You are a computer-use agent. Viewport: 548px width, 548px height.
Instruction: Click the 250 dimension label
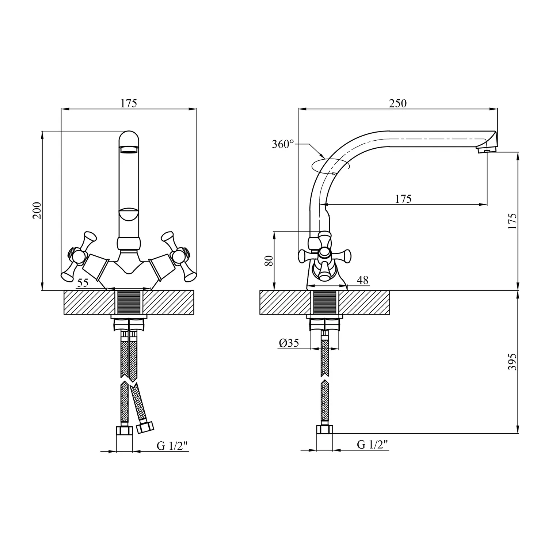[x=397, y=103]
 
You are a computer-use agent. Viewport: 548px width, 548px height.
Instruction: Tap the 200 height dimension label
[x=37, y=210]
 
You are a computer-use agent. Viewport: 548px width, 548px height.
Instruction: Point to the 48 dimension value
[x=363, y=280]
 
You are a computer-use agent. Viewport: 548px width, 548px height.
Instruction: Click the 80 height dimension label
[x=269, y=261]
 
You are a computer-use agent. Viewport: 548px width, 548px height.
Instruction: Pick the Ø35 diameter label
[x=289, y=343]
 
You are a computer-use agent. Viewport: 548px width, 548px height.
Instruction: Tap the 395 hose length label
[x=513, y=362]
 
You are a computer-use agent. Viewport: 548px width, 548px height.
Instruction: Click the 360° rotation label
[x=283, y=144]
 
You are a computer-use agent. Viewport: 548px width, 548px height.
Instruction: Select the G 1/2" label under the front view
[x=172, y=446]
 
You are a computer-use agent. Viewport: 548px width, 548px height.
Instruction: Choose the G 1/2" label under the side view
[x=372, y=444]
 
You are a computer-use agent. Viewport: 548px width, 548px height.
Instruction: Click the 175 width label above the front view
[x=129, y=103]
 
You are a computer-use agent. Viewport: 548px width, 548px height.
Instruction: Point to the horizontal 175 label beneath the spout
[x=403, y=199]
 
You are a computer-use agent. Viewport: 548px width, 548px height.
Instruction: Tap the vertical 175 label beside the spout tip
[x=513, y=221]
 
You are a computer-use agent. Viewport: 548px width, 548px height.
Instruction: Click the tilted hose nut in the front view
[x=145, y=427]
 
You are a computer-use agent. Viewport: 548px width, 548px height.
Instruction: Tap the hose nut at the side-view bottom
[x=325, y=430]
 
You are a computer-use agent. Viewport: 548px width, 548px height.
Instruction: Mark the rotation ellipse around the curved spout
[x=330, y=165]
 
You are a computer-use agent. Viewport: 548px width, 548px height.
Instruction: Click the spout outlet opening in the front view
[x=129, y=149]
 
